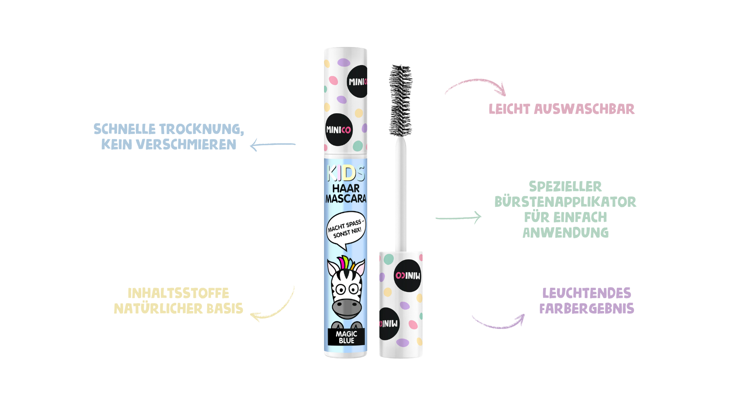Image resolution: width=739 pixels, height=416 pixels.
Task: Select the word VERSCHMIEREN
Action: click(186, 144)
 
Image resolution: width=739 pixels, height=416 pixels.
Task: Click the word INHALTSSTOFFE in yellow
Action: click(178, 293)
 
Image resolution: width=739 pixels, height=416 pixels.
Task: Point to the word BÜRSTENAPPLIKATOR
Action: click(565, 202)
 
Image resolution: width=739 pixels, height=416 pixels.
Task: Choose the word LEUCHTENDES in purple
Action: click(587, 293)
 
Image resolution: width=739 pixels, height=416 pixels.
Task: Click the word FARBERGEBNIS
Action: click(587, 309)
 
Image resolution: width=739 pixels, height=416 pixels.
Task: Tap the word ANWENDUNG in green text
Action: click(565, 233)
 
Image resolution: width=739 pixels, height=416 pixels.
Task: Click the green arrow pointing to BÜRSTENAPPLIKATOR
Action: click(458, 218)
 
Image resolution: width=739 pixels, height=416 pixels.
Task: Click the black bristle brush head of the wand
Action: click(400, 100)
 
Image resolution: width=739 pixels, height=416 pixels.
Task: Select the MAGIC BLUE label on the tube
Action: click(346, 337)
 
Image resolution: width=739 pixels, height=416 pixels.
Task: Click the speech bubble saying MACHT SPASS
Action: click(345, 229)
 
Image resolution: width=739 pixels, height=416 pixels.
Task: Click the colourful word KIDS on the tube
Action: click(345, 173)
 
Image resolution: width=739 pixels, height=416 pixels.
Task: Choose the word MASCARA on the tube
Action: click(346, 199)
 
